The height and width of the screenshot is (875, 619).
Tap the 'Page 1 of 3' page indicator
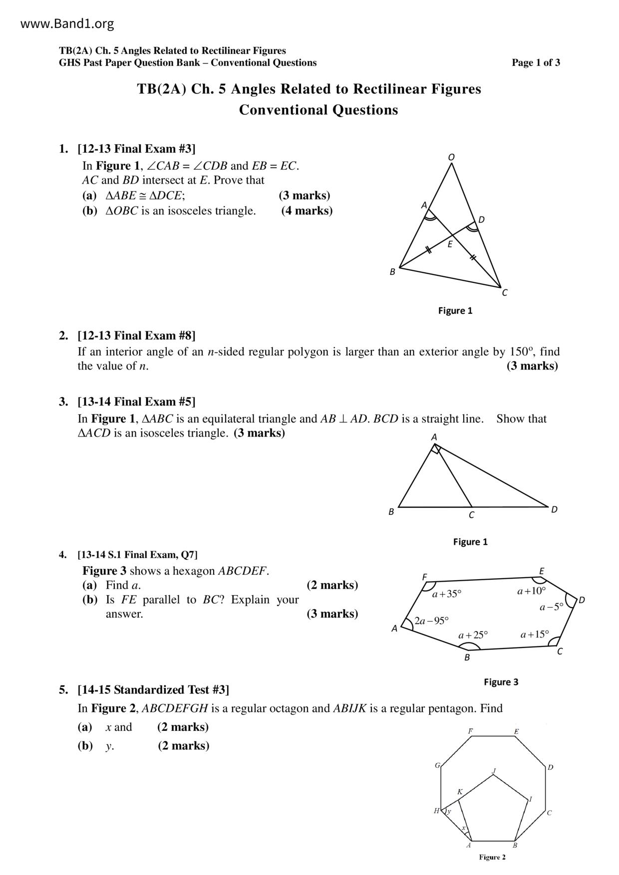click(x=536, y=62)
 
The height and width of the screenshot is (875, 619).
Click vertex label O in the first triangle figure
click(x=451, y=157)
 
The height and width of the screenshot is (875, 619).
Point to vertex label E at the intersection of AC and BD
click(x=450, y=244)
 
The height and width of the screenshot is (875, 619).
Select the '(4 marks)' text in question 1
click(x=307, y=211)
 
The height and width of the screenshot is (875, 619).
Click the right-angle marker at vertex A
click(x=436, y=449)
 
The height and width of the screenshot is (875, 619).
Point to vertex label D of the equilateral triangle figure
click(x=554, y=509)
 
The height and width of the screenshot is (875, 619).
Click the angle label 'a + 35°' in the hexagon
click(x=447, y=594)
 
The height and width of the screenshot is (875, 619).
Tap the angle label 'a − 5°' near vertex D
click(x=551, y=607)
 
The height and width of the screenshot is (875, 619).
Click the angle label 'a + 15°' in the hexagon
click(x=534, y=635)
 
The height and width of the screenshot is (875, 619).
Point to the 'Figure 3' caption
click(x=501, y=682)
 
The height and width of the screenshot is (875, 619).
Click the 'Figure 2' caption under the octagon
click(x=492, y=857)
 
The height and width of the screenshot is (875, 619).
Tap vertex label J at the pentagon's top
click(x=494, y=771)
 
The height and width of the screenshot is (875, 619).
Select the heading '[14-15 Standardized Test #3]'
click(x=153, y=689)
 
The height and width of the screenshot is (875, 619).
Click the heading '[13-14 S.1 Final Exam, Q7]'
click(x=137, y=554)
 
